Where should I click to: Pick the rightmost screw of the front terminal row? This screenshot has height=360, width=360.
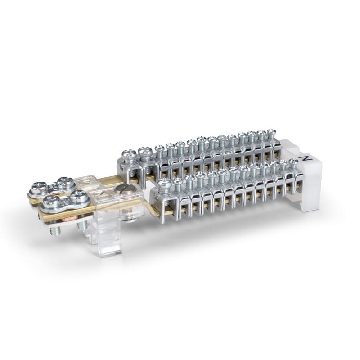(x=293, y=162)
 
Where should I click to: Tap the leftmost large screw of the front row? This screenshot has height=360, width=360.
(x=165, y=184)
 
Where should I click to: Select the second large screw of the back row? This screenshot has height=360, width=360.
(x=145, y=153)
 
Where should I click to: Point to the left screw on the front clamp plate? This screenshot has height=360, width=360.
(x=51, y=201)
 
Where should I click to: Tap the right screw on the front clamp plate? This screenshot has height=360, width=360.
(x=79, y=196)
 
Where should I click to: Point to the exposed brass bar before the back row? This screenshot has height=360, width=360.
(x=108, y=181)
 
